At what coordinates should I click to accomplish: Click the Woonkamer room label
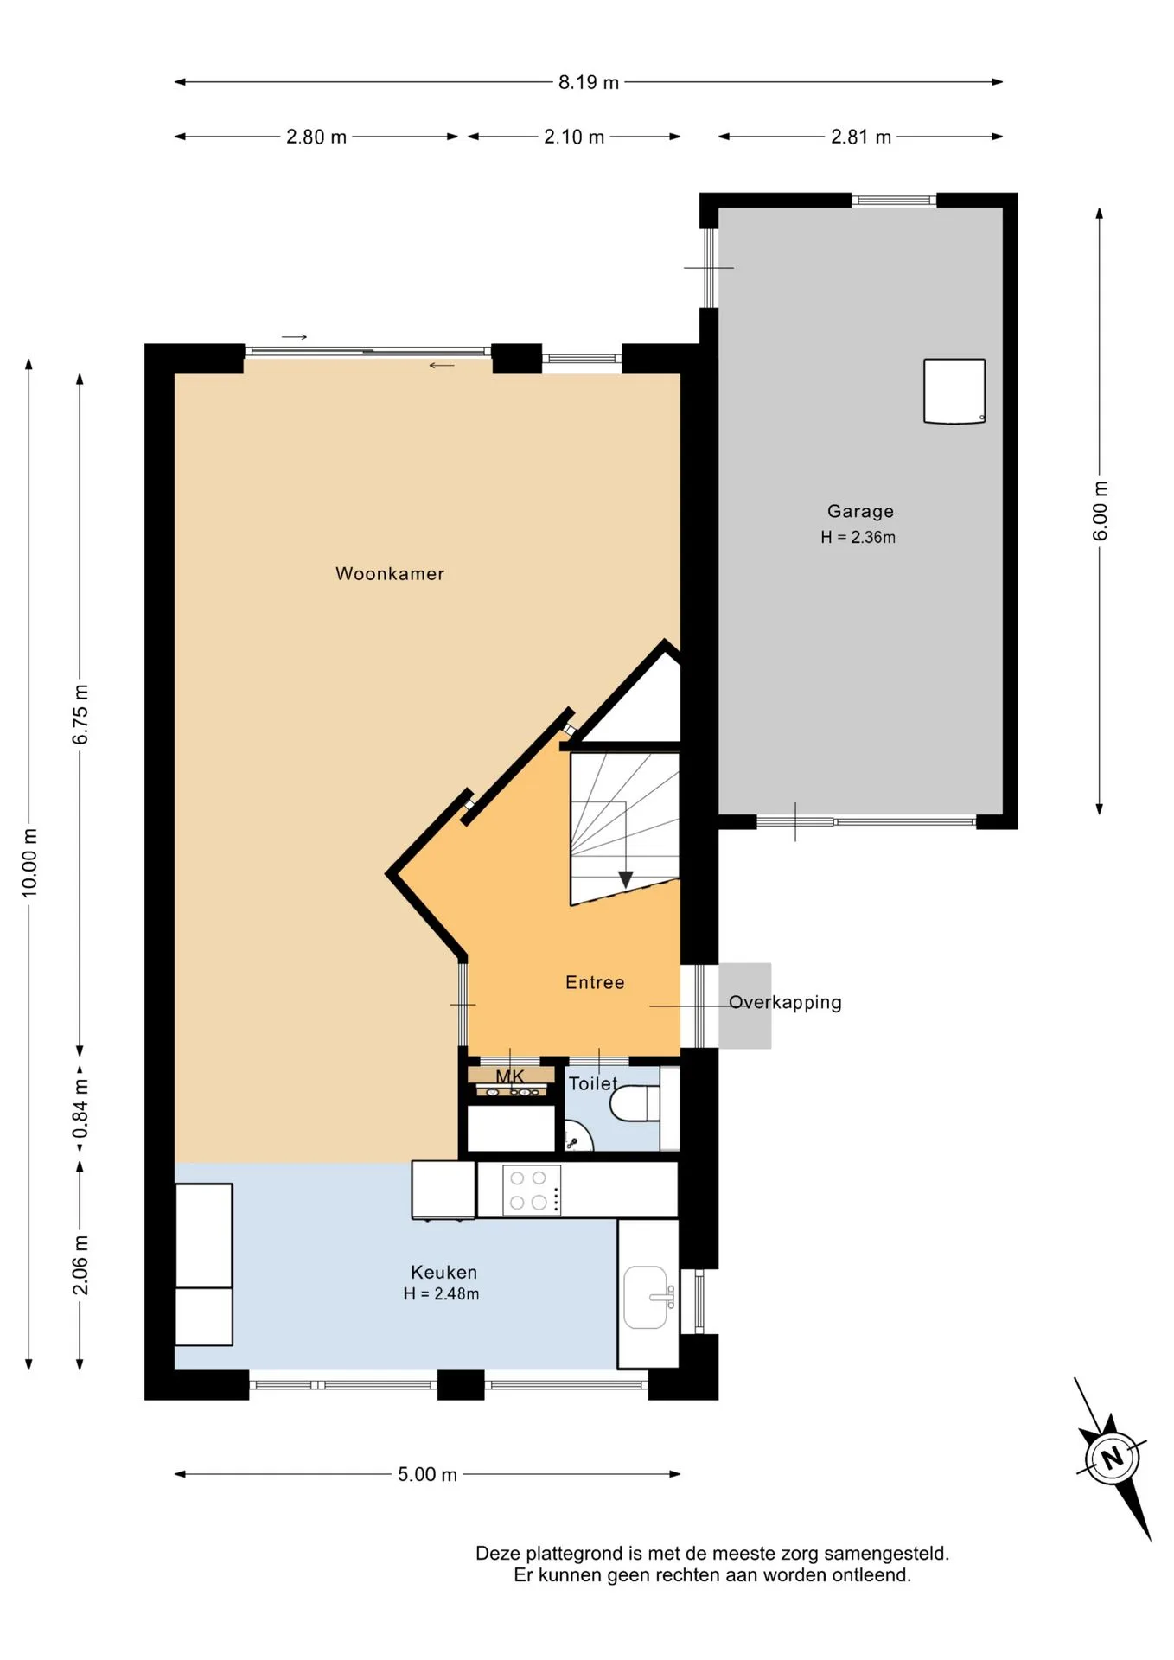pos(390,574)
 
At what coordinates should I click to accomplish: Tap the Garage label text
pos(860,512)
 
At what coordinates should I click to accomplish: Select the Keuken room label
pos(443,1272)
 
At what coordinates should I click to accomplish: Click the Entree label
pos(595,982)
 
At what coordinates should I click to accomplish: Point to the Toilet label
pos(593,1083)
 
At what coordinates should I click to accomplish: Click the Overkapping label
pos(785,1003)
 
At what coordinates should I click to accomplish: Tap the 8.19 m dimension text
pos(589,82)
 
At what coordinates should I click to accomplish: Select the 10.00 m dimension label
pos(30,862)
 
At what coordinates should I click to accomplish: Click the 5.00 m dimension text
pos(427,1474)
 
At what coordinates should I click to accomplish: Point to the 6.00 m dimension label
pos(1100,511)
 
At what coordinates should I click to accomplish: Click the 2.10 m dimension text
pos(574,137)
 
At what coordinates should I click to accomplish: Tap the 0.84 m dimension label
pos(80,1108)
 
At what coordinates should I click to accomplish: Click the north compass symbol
pos(1113,1459)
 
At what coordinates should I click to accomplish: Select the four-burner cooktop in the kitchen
pos(532,1191)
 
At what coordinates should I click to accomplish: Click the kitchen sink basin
pos(646,1298)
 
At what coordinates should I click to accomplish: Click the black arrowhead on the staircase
pos(626,879)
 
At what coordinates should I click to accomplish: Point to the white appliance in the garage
pos(954,392)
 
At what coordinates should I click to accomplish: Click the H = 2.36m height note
pos(858,537)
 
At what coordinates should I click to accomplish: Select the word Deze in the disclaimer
pos(498,1554)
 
